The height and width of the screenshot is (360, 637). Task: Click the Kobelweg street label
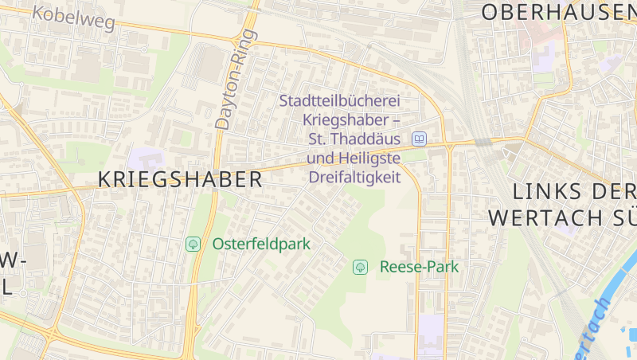tap(74, 17)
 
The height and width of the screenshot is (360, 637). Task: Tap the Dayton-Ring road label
tap(236, 80)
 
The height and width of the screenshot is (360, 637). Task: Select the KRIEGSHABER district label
tap(180, 179)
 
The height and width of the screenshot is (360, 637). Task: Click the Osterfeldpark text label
tap(261, 245)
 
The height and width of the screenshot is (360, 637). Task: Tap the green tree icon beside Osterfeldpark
tap(193, 244)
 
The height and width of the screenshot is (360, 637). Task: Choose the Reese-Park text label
tap(419, 267)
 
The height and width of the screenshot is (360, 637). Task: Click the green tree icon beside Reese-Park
tap(360, 267)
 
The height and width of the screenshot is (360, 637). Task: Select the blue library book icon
tap(419, 139)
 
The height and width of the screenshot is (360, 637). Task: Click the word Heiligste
tap(372, 158)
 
